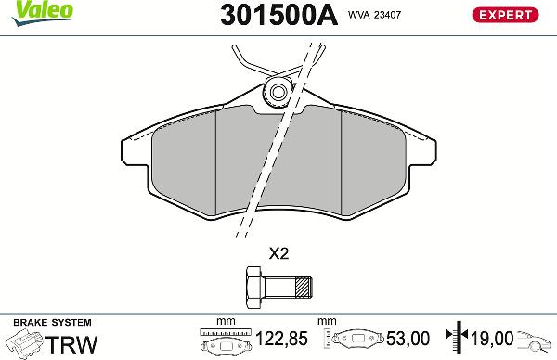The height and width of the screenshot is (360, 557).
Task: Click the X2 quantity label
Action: pyautogui.click(x=278, y=253)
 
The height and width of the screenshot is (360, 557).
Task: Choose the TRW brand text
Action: pyautogui.click(x=72, y=343)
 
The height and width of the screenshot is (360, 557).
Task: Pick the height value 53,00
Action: pyautogui.click(x=406, y=341)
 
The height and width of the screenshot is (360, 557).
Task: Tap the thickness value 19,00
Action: pyautogui.click(x=492, y=341)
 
